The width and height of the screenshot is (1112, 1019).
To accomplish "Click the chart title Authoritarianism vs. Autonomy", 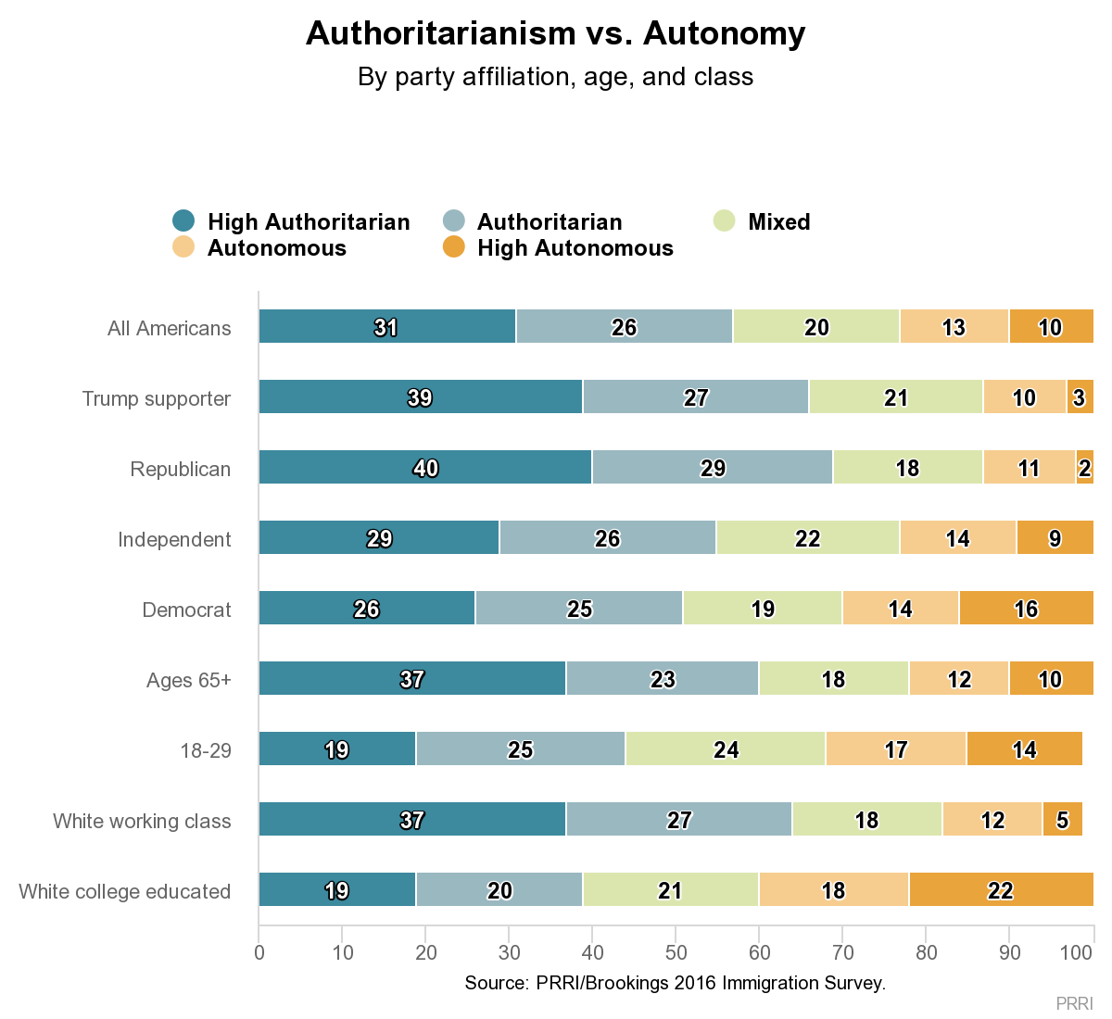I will pos(555,33).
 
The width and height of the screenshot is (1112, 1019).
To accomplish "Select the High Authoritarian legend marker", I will pos(184,221).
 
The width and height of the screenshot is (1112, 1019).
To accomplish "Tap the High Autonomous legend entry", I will pos(575,248).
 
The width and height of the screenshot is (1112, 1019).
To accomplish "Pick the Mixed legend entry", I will pos(778,222).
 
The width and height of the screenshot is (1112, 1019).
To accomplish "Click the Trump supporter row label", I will pos(157,398).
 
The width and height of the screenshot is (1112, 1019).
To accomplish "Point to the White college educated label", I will pos(125,891).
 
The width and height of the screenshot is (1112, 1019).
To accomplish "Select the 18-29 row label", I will pos(206,750).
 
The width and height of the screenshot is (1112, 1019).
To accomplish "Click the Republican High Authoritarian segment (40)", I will pos(425,468).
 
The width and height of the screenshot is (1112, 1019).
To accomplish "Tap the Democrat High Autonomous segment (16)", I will pos(1026,609).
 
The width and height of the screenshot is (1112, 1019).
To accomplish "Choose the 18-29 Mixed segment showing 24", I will pos(726,749).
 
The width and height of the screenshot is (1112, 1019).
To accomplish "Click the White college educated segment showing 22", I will pos(1001,890).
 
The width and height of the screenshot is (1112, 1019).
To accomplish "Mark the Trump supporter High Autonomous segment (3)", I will pos(1080,397).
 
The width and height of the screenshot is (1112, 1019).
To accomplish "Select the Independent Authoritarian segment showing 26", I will pos(607,538).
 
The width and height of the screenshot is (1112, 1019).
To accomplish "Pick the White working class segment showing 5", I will pos(1062,820).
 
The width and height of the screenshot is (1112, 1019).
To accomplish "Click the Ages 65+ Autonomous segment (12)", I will pos(959,679).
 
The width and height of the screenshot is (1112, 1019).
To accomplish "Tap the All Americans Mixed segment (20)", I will pos(816,327).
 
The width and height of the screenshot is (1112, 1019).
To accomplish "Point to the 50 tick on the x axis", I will pos(676,953).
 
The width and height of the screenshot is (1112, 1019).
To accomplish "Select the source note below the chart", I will pos(676,983).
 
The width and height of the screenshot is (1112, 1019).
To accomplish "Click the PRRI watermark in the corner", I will pos(1074,1003).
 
